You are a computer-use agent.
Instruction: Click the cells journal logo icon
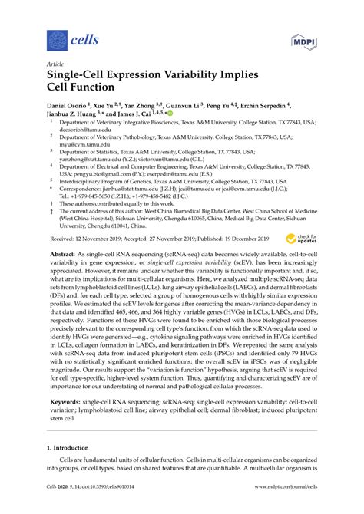pos(55,38)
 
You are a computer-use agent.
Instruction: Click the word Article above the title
pos(54,65)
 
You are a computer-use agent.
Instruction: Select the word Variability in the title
pos(187,77)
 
